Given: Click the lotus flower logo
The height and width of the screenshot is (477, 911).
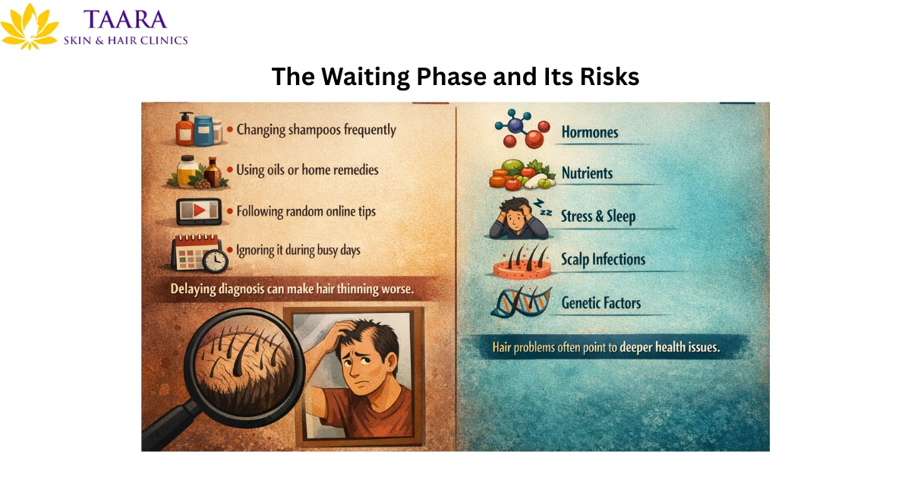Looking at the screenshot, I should [30, 27].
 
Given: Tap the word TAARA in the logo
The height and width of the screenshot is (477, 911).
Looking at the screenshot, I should [125, 20].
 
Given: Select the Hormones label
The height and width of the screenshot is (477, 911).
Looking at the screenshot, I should [590, 132].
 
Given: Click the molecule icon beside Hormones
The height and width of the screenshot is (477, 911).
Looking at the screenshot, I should [519, 128].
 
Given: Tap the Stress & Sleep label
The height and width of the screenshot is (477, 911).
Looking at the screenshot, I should [598, 216].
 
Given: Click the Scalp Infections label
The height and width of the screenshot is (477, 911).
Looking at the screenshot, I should [603, 259].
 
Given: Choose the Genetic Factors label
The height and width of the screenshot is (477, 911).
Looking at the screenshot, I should [601, 303].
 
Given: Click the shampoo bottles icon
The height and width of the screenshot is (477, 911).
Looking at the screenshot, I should [196, 128].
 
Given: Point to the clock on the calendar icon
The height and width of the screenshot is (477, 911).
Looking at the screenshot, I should [216, 260].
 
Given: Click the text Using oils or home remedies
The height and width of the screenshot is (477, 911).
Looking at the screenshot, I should [307, 169].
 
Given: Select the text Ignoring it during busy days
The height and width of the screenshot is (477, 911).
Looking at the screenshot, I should [298, 249].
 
